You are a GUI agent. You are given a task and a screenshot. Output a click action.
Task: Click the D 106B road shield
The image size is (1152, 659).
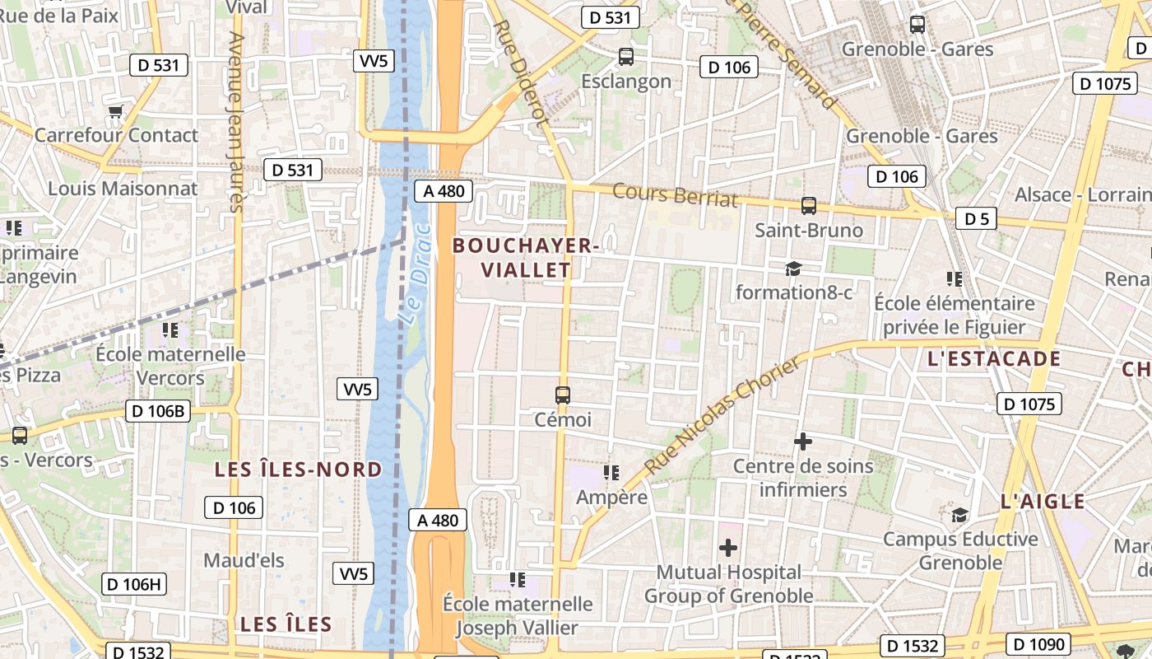[x=158, y=411]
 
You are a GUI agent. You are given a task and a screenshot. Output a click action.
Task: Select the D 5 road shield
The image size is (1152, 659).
[x=976, y=219]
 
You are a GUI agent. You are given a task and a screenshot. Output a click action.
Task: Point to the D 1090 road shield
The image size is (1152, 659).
[x=1039, y=644]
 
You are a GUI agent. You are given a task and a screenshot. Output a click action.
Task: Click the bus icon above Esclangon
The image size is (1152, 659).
[x=626, y=57]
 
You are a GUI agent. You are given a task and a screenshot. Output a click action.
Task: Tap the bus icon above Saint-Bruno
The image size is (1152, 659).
[x=809, y=206]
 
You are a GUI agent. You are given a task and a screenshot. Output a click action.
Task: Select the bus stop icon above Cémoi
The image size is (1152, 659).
[x=563, y=395]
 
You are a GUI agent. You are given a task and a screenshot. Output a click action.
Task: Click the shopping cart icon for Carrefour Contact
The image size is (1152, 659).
[x=116, y=110]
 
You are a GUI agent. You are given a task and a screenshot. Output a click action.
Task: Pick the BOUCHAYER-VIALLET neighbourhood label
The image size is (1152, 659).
[x=525, y=258]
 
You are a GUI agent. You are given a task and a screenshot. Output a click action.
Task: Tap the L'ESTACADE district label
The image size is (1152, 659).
[x=994, y=359]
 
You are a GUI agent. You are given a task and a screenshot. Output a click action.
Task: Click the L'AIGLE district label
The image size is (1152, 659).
[x=1043, y=502]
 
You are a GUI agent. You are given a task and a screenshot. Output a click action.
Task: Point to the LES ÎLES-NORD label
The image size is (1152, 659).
[x=298, y=470]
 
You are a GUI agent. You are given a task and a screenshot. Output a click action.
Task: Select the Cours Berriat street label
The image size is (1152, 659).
[x=675, y=195]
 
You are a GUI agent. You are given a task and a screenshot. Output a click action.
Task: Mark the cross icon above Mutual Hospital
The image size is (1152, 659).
[x=728, y=547]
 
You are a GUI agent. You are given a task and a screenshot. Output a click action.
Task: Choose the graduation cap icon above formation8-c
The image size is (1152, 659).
[x=793, y=269]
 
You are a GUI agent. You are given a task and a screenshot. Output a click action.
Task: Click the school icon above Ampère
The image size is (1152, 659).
[x=611, y=473]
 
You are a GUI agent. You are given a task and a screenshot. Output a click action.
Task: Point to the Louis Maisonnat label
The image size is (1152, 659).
[x=123, y=189]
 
